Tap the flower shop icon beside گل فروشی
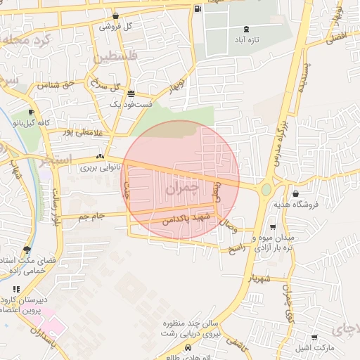tap(115, 15)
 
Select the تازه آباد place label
tap(246, 40)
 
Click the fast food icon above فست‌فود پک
tap(131, 93)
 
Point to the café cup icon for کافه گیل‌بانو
tap(31, 112)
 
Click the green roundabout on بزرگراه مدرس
tap(266, 189)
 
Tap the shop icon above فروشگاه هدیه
tap(295, 193)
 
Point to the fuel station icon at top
tap(197, 9)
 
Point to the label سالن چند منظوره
tap(192, 324)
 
